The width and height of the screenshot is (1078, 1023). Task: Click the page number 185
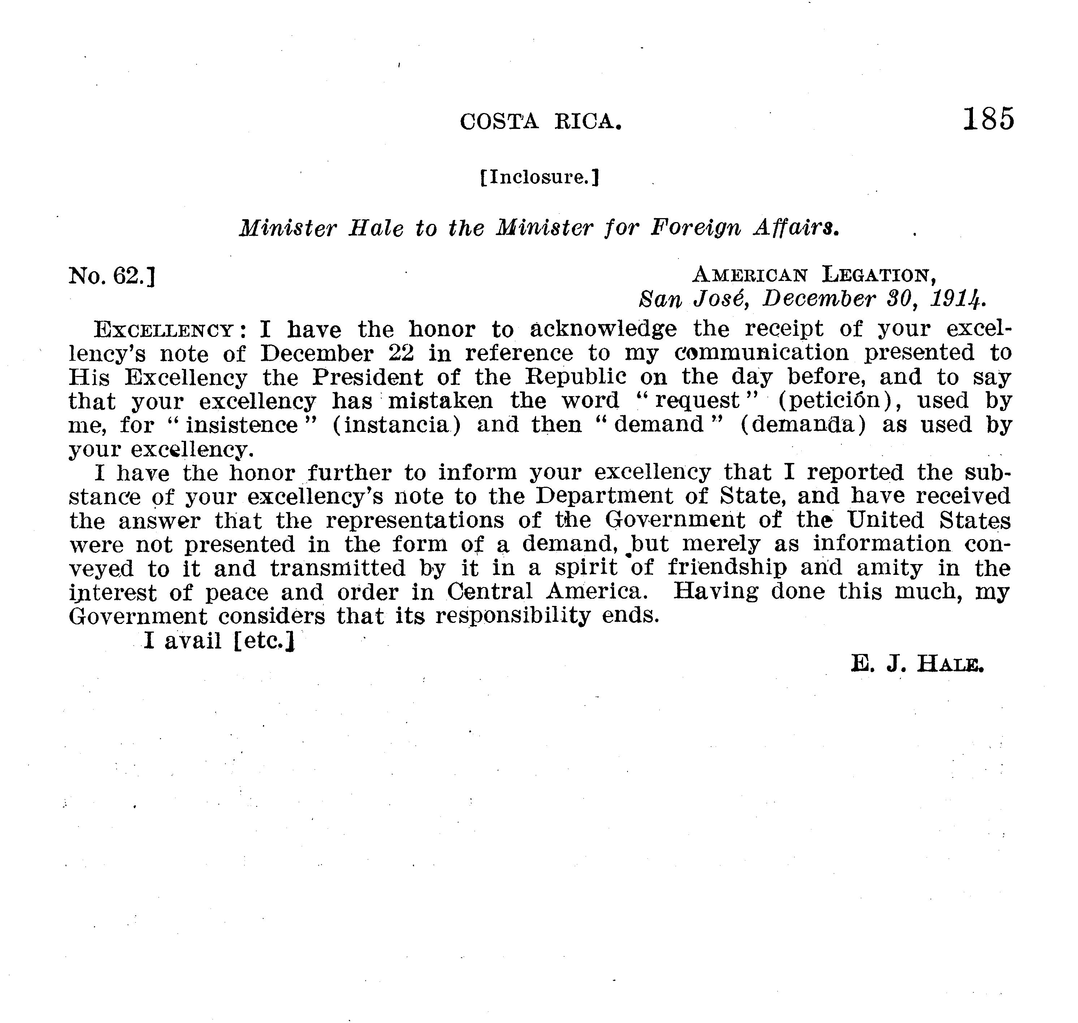pos(988,119)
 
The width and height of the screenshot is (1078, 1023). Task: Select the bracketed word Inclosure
pos(540,177)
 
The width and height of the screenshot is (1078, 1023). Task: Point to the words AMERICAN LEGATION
pos(814,275)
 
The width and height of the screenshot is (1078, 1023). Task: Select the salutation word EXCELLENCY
pos(164,330)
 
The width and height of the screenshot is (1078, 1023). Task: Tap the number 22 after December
pos(401,354)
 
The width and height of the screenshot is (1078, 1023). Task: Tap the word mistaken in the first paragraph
pos(440,401)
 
